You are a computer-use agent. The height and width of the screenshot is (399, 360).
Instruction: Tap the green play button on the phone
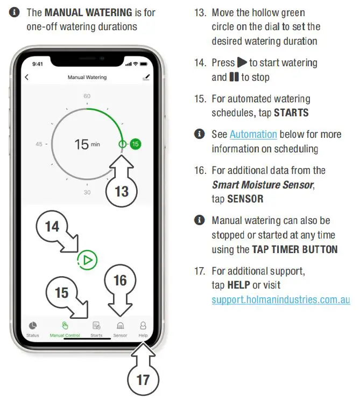[87, 260]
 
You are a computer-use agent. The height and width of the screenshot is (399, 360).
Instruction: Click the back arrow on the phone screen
[27, 78]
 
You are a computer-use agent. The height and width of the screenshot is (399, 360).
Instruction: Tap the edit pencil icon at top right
[145, 78]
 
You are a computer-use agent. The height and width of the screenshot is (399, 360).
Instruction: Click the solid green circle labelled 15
[135, 144]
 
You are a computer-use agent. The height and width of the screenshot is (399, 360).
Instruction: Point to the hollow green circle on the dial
[122, 144]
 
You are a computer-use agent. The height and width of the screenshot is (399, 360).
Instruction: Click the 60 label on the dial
[87, 96]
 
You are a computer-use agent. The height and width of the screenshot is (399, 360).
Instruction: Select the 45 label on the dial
[39, 144]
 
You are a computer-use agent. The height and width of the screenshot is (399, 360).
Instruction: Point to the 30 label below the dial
[87, 192]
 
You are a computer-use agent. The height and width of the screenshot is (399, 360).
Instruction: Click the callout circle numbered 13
[122, 191]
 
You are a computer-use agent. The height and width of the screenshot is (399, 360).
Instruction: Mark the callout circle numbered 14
[52, 226]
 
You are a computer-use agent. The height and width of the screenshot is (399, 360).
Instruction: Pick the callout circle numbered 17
[143, 380]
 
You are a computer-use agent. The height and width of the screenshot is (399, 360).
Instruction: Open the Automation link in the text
[253, 135]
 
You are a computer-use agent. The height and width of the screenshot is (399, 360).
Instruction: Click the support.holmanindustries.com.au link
[280, 299]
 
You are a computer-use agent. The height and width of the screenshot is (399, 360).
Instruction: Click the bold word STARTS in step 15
[291, 113]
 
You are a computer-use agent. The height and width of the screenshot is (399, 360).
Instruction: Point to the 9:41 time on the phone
[38, 64]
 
